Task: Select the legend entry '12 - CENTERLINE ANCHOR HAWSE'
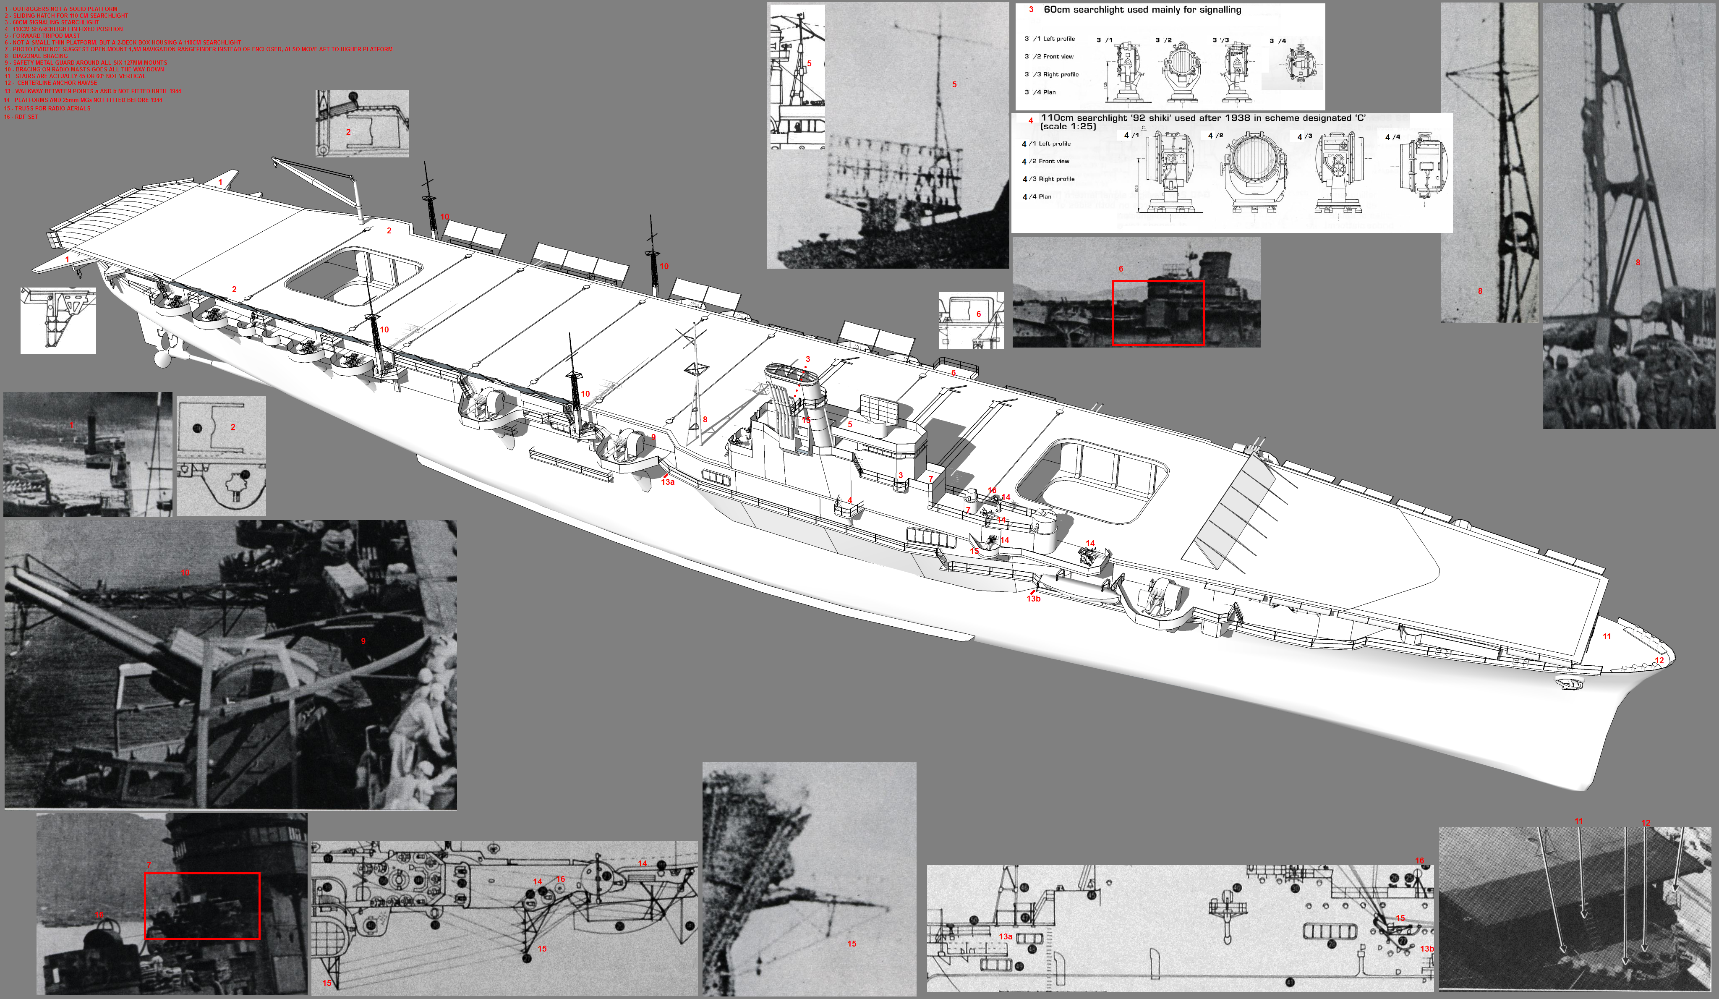tap(51, 83)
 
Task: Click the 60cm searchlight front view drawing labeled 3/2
tap(1178, 70)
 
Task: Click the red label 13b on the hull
tap(1033, 599)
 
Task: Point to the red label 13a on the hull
tap(667, 482)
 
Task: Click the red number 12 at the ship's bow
tap(1659, 661)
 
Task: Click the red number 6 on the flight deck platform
tap(953, 373)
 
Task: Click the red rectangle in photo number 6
tap(1157, 313)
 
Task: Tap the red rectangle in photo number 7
tap(202, 905)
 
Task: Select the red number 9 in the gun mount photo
tap(363, 641)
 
